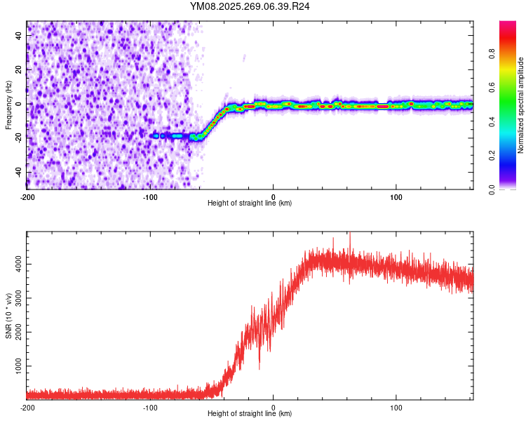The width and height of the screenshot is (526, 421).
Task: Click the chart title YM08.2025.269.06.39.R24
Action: coord(250,6)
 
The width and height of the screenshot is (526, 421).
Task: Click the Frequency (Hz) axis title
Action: coord(8,105)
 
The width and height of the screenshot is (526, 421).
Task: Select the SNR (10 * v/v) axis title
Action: coord(8,316)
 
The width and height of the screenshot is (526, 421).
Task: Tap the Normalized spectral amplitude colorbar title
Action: coord(520,105)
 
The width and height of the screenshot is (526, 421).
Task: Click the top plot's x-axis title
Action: coord(250,203)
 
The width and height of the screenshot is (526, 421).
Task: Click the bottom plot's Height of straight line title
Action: coord(250,413)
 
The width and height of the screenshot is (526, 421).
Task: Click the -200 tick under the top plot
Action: coord(27,196)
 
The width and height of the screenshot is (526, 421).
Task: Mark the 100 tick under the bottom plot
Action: coord(396,407)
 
